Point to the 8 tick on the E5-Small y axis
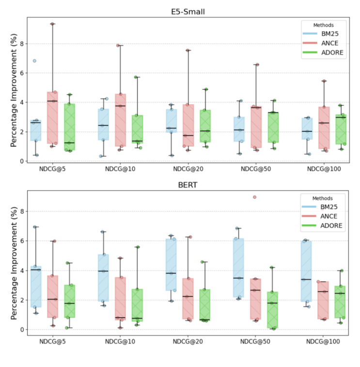[x=21, y=44]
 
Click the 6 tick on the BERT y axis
[x=21, y=241]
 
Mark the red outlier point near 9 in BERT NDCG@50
[x=254, y=197]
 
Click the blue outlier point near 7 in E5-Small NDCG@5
[x=34, y=61]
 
